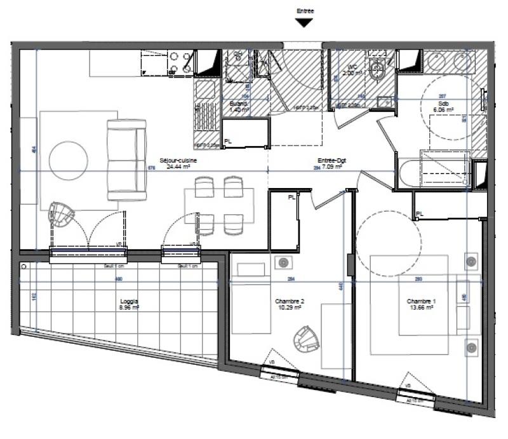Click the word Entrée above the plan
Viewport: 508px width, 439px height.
(305, 11)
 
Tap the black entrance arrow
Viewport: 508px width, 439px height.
(305, 23)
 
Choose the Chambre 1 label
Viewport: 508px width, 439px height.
(420, 301)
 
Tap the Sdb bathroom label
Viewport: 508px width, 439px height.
(443, 104)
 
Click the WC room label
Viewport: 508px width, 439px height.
(354, 66)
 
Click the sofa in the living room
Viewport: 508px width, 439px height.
(126, 159)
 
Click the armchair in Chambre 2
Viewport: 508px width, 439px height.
(306, 337)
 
